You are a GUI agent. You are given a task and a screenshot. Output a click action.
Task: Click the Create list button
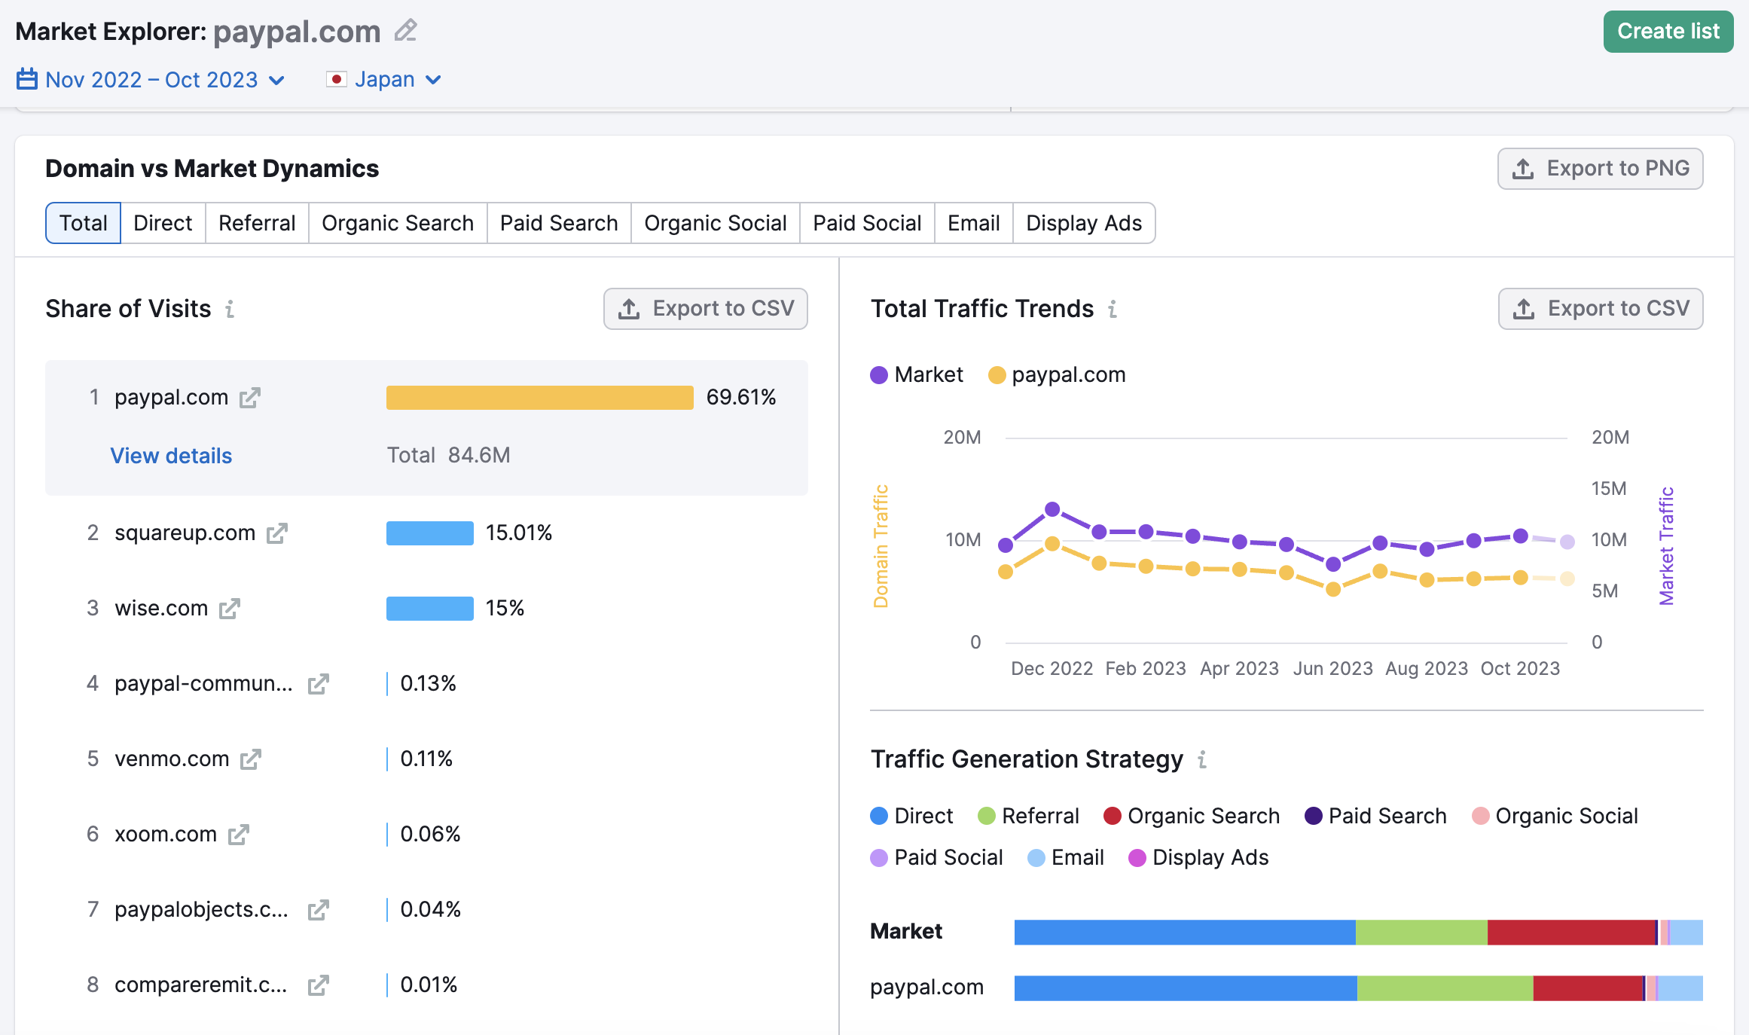coord(1667,32)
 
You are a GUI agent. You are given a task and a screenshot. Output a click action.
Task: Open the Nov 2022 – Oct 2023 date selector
coord(151,80)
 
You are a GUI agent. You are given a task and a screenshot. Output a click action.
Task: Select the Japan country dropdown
coord(384,80)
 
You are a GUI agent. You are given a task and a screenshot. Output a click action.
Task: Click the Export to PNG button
coord(1600,169)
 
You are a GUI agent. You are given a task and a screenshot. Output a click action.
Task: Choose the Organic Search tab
coord(397,224)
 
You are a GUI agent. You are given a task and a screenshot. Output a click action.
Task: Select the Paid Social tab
coord(866,224)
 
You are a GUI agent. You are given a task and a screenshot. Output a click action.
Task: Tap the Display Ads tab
coord(1083,224)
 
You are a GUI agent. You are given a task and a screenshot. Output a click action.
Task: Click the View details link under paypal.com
coord(171,456)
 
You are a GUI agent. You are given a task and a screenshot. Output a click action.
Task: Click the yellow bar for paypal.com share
coord(539,398)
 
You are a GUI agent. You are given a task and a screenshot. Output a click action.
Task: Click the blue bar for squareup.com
coord(429,533)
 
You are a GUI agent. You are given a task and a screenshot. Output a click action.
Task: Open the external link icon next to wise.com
coord(230,609)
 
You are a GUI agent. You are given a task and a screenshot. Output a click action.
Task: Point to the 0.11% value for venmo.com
coord(426,759)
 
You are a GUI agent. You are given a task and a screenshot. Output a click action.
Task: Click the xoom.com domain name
coord(165,835)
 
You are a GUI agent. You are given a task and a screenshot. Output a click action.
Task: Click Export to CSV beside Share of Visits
coord(705,309)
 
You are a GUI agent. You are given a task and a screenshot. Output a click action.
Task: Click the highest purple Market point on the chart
coord(1052,510)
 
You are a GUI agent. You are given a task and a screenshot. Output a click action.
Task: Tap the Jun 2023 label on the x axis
coord(1332,669)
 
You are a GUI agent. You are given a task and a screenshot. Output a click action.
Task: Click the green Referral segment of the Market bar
coord(1421,933)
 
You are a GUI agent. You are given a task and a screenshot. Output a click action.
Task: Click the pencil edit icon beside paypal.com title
coord(406,31)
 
